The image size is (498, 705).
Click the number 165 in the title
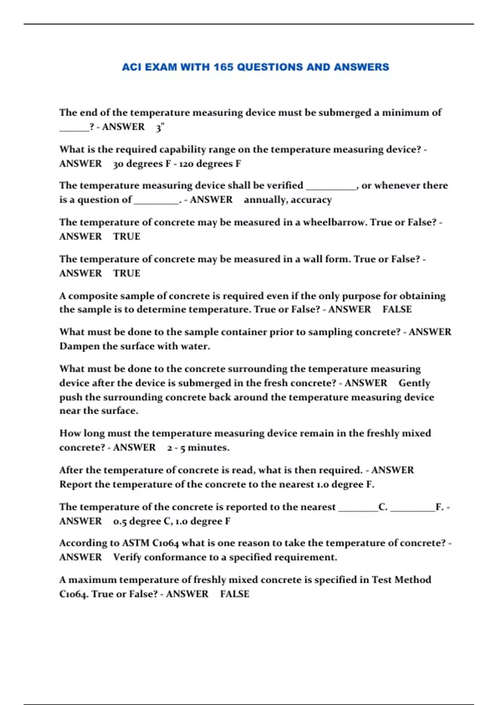(x=224, y=67)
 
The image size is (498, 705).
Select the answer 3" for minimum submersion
(x=160, y=127)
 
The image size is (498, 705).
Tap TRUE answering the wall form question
(x=127, y=273)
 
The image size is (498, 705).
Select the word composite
(x=88, y=296)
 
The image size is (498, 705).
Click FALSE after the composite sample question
(x=397, y=309)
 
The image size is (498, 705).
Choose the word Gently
(x=414, y=383)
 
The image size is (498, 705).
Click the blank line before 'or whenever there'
(x=331, y=187)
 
